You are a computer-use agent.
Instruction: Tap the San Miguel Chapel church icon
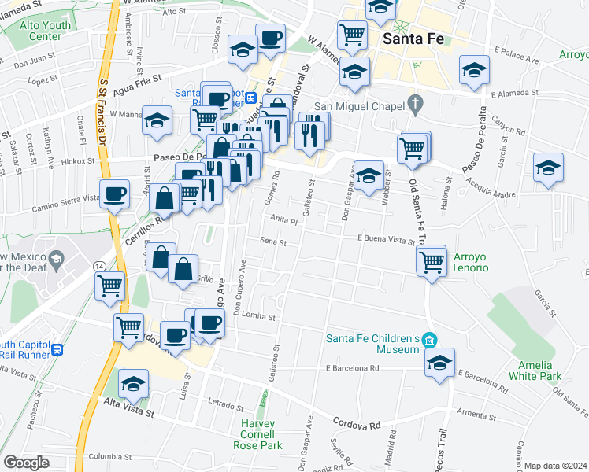[x=417, y=104]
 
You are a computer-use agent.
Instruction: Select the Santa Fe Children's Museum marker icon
[x=428, y=340]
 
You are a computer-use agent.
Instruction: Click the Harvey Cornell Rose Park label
[x=258, y=434]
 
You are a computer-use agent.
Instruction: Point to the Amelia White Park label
[x=540, y=371]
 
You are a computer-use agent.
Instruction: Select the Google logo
[x=26, y=463]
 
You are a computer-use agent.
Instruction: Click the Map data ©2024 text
[x=556, y=466]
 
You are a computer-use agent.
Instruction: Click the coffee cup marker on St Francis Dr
[x=115, y=192]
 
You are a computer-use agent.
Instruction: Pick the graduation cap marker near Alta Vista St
[x=134, y=383]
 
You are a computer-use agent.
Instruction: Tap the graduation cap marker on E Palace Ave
[x=474, y=70]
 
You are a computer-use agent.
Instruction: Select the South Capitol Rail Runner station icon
[x=57, y=349]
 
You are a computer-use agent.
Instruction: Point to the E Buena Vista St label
[x=386, y=238]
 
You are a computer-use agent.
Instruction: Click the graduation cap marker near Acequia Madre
[x=548, y=168]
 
